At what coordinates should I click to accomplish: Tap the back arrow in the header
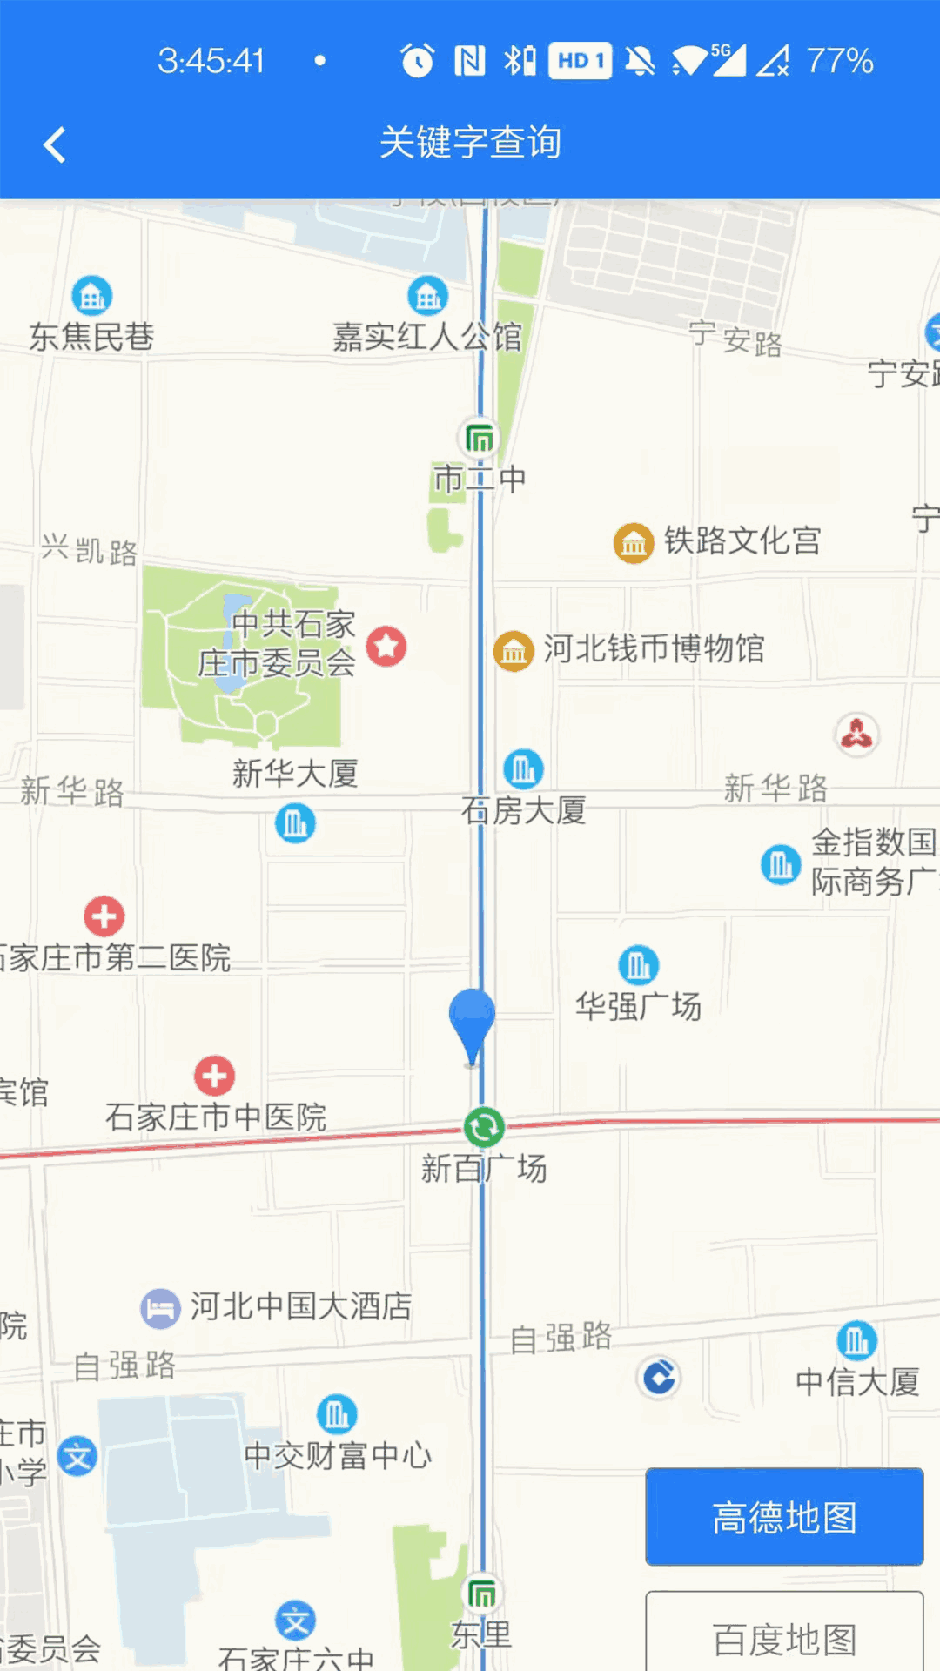[x=55, y=144]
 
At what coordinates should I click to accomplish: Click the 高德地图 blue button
[x=783, y=1517]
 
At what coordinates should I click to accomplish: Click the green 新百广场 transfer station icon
[x=484, y=1128]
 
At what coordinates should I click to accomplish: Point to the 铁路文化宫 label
[x=742, y=540]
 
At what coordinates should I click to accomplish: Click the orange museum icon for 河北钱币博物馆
[x=514, y=650]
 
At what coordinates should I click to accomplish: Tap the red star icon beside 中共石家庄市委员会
[x=386, y=647]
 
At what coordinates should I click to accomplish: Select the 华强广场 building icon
[x=638, y=965]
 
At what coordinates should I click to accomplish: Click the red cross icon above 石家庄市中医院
[x=214, y=1076]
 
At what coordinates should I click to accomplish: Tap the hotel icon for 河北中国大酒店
[x=160, y=1307]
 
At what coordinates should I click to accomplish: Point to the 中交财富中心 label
[x=338, y=1454]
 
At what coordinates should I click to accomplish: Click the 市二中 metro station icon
[x=479, y=438]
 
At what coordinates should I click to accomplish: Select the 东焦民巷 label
[x=91, y=337]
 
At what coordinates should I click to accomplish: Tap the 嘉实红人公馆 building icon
[x=427, y=297]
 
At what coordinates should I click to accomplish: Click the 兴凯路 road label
[x=90, y=550]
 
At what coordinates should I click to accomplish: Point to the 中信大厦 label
[x=857, y=1381]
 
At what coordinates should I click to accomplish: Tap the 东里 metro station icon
[x=482, y=1594]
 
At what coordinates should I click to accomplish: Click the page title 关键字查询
[x=470, y=143]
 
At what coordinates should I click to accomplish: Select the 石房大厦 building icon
[x=523, y=769]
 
